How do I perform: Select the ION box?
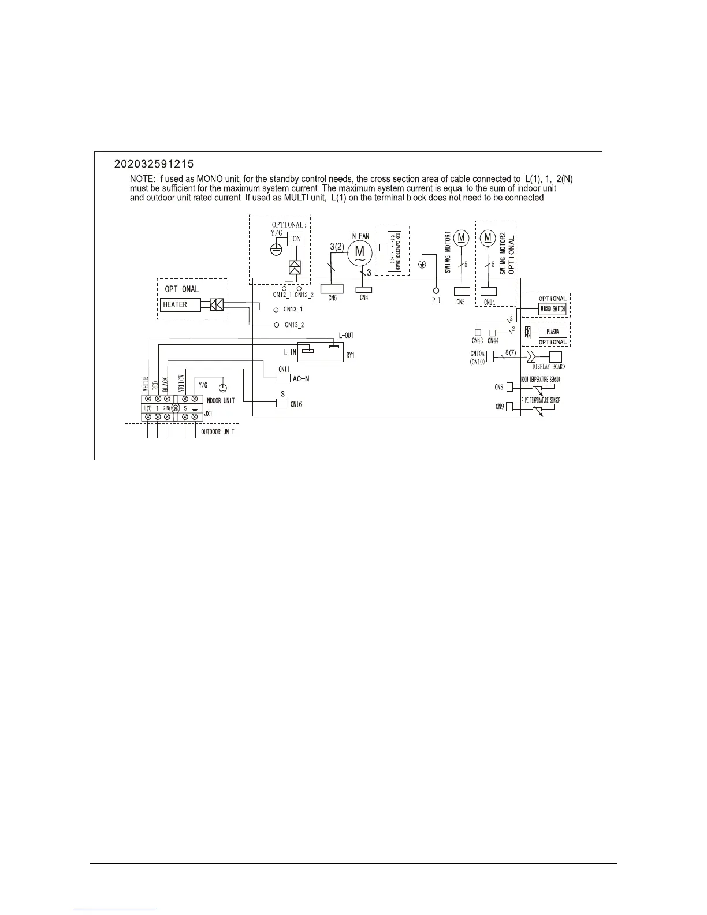pyautogui.click(x=295, y=239)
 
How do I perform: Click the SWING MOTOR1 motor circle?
pyautogui.click(x=461, y=237)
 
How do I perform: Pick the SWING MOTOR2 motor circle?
pyautogui.click(x=489, y=237)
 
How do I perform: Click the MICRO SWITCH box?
pyautogui.click(x=552, y=309)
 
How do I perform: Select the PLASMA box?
pyautogui.click(x=552, y=332)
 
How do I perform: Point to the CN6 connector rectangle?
pyautogui.click(x=332, y=288)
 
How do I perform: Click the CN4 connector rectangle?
pyautogui.click(x=364, y=289)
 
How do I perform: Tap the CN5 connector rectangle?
pyautogui.click(x=462, y=291)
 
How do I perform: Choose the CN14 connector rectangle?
pyautogui.click(x=489, y=291)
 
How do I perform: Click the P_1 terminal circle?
pyautogui.click(x=436, y=290)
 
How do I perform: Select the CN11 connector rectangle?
pyautogui.click(x=283, y=378)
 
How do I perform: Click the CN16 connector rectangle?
pyautogui.click(x=282, y=403)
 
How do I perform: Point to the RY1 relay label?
pyautogui.click(x=350, y=355)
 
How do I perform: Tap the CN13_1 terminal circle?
pyautogui.click(x=277, y=310)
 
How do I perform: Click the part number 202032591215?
pyautogui.click(x=158, y=163)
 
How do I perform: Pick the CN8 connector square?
pyautogui.click(x=509, y=386)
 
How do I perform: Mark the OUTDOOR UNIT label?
pyautogui.click(x=218, y=432)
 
